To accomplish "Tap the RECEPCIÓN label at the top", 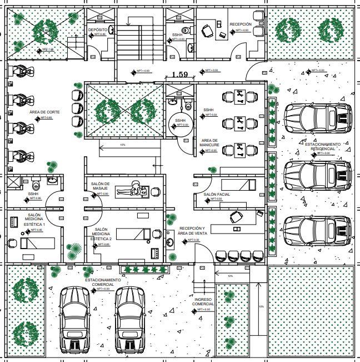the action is (241, 24).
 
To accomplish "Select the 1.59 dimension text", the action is (179, 74).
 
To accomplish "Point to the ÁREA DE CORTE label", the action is (41, 112).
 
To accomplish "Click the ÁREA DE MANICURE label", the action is (210, 143).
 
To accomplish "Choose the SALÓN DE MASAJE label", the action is (100, 186).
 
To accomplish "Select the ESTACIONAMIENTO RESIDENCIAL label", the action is (327, 146).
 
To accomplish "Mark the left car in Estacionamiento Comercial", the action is (74, 320).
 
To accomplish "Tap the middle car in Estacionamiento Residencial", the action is (318, 176).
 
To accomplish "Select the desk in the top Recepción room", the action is (210, 29).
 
